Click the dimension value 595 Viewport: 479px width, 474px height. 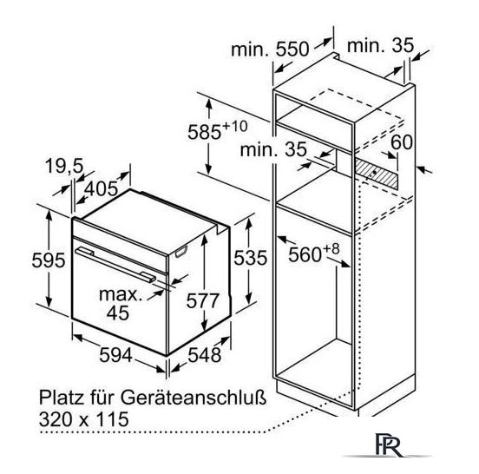(x=49, y=260)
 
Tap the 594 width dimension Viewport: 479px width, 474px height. (x=115, y=355)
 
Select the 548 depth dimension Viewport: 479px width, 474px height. (x=205, y=355)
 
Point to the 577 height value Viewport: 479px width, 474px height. (x=203, y=300)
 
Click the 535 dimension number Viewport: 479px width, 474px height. (x=251, y=258)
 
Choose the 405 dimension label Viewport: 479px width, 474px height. (x=101, y=188)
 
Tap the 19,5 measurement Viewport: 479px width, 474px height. (x=64, y=167)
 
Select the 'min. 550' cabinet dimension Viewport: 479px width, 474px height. (x=270, y=49)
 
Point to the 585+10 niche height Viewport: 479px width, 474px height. (x=218, y=130)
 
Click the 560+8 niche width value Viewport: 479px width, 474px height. (x=314, y=253)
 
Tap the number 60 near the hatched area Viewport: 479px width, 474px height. (x=402, y=142)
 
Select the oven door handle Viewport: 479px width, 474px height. (x=115, y=265)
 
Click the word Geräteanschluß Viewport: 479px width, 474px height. (x=194, y=398)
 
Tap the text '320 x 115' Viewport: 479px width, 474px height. (x=83, y=419)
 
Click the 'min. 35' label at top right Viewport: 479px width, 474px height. (x=380, y=45)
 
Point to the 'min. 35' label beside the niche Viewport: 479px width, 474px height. (x=273, y=149)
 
